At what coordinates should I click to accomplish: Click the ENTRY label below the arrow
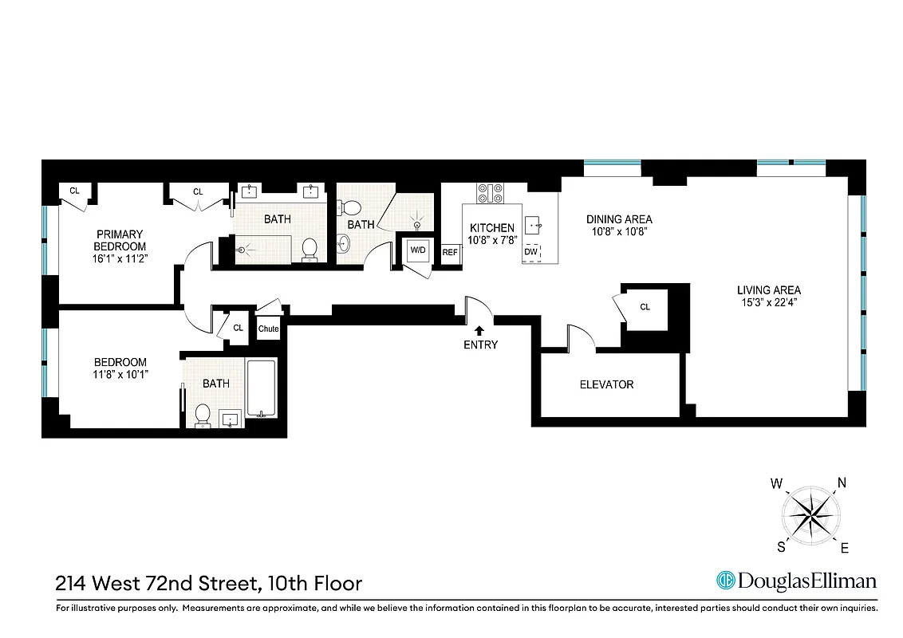pyautogui.click(x=479, y=345)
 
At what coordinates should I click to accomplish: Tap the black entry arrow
pyautogui.click(x=479, y=329)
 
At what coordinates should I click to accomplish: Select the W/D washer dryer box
pyautogui.click(x=417, y=250)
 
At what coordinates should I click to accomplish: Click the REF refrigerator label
pyautogui.click(x=450, y=253)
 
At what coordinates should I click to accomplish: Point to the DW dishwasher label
pyautogui.click(x=530, y=253)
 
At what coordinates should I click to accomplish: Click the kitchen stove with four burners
pyautogui.click(x=490, y=193)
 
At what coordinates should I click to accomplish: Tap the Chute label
pyautogui.click(x=269, y=329)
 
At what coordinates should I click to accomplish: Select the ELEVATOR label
pyautogui.click(x=606, y=384)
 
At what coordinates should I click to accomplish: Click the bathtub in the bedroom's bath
pyautogui.click(x=261, y=388)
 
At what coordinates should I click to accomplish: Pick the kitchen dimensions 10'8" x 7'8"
pyautogui.click(x=491, y=239)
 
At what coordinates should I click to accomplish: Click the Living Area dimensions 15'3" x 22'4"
pyautogui.click(x=768, y=302)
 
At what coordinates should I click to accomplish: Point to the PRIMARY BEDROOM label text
pyautogui.click(x=120, y=240)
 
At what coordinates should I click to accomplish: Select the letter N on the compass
pyautogui.click(x=840, y=482)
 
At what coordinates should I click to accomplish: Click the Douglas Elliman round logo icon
pyautogui.click(x=725, y=581)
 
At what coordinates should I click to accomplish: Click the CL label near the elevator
pyautogui.click(x=645, y=306)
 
